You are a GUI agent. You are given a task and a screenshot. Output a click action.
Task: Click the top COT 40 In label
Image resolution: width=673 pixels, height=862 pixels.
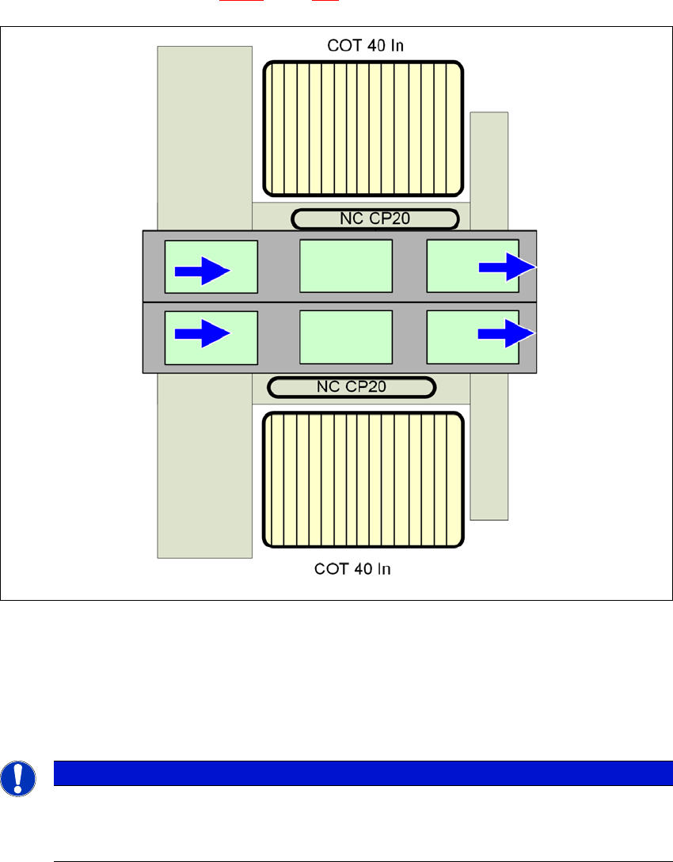pyautogui.click(x=365, y=46)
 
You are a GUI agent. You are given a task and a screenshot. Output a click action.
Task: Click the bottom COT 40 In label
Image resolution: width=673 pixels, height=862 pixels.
pyautogui.click(x=352, y=568)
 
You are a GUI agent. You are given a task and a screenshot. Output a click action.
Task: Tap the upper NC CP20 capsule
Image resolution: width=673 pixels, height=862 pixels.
pyautogui.click(x=375, y=218)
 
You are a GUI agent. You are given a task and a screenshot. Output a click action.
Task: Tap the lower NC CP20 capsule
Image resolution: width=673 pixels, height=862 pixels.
pyautogui.click(x=352, y=387)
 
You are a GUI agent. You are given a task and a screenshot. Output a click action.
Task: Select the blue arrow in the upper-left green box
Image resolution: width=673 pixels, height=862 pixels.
pyautogui.click(x=202, y=271)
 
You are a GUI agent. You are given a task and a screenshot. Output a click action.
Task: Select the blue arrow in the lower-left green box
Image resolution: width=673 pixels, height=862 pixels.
pyautogui.click(x=202, y=333)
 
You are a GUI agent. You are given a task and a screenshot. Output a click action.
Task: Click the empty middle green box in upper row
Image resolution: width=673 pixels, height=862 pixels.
pyautogui.click(x=346, y=266)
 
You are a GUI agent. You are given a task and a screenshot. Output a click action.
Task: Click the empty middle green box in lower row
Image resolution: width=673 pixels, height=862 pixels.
pyautogui.click(x=346, y=336)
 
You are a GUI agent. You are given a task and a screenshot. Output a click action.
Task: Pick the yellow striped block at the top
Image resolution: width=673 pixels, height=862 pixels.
pyautogui.click(x=363, y=128)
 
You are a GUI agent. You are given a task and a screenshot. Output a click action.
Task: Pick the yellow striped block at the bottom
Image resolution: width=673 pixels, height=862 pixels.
pyautogui.click(x=363, y=480)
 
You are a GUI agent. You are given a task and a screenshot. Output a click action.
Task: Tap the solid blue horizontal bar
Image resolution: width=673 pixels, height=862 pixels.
pyautogui.click(x=363, y=773)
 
